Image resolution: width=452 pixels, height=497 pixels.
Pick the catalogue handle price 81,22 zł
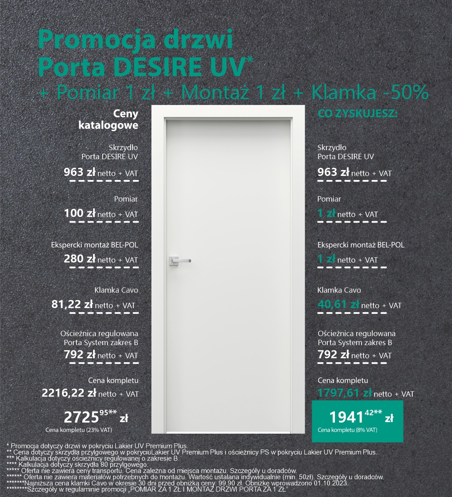tap(72, 305)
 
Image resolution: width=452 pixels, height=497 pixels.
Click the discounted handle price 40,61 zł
tap(338, 305)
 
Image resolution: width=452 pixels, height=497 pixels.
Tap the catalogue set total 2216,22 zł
tap(69, 393)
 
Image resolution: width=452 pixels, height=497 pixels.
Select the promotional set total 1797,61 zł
tap(344, 393)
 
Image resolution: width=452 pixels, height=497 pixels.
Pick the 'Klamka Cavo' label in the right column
tap(339, 290)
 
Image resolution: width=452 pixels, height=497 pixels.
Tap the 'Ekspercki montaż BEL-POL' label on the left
tap(94, 245)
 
